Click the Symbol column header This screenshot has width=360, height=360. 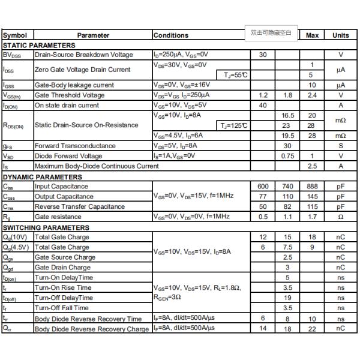[x=14, y=35]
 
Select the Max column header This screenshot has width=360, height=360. [x=312, y=35]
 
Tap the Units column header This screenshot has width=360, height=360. [x=341, y=35]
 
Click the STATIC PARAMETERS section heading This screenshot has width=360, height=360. [x=40, y=45]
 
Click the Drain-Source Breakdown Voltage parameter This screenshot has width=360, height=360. [x=83, y=55]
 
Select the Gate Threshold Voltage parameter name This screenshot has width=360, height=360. [x=70, y=95]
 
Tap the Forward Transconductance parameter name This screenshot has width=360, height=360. [x=75, y=146]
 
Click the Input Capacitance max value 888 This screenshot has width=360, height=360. [x=312, y=187]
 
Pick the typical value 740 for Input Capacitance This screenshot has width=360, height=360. [x=287, y=187]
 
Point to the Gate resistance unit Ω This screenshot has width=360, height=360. [x=341, y=217]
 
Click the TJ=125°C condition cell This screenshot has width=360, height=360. [x=234, y=125]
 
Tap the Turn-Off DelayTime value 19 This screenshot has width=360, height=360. [x=287, y=298]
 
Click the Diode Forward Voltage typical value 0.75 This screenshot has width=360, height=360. [x=287, y=156]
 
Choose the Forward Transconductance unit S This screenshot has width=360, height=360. [x=341, y=146]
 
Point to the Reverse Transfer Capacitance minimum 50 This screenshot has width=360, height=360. [x=263, y=206]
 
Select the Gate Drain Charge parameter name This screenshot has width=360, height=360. [x=63, y=268]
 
